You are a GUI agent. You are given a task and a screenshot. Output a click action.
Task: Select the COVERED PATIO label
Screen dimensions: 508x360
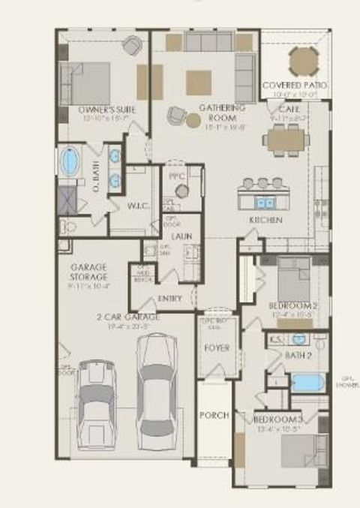[295, 85]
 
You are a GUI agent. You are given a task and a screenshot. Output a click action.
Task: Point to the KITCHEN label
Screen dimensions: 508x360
[265, 220]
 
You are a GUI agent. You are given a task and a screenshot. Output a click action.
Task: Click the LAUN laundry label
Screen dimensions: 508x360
[181, 236]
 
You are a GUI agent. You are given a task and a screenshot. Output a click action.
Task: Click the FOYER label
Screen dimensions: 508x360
[217, 348]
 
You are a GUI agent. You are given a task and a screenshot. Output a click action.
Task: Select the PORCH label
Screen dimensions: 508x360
[213, 415]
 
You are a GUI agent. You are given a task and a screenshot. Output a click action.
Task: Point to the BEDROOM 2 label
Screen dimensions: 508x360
[293, 305]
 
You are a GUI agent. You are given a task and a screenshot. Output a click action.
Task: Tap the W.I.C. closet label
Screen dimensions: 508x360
[139, 206]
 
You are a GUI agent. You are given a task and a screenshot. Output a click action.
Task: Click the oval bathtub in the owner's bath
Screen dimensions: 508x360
[70, 161]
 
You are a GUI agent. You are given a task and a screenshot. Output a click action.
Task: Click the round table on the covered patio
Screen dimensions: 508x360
[304, 62]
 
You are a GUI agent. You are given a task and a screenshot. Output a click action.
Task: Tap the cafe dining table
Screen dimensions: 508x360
[287, 139]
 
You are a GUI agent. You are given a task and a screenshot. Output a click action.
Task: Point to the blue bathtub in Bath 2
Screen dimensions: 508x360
[307, 382]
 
